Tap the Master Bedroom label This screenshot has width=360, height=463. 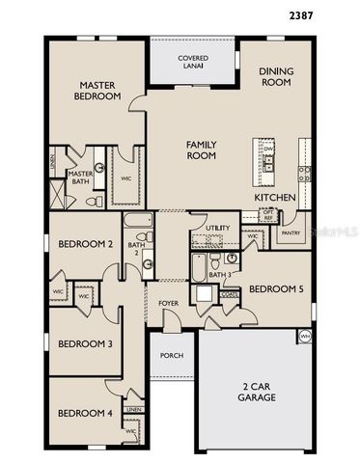tap(98, 91)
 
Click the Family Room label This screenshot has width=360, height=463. tap(201, 150)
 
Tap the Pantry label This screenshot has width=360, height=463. tap(288, 233)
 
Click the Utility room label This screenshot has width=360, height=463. tap(218, 228)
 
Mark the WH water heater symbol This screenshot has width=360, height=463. tap(305, 337)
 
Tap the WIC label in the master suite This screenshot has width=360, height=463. tap(125, 177)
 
